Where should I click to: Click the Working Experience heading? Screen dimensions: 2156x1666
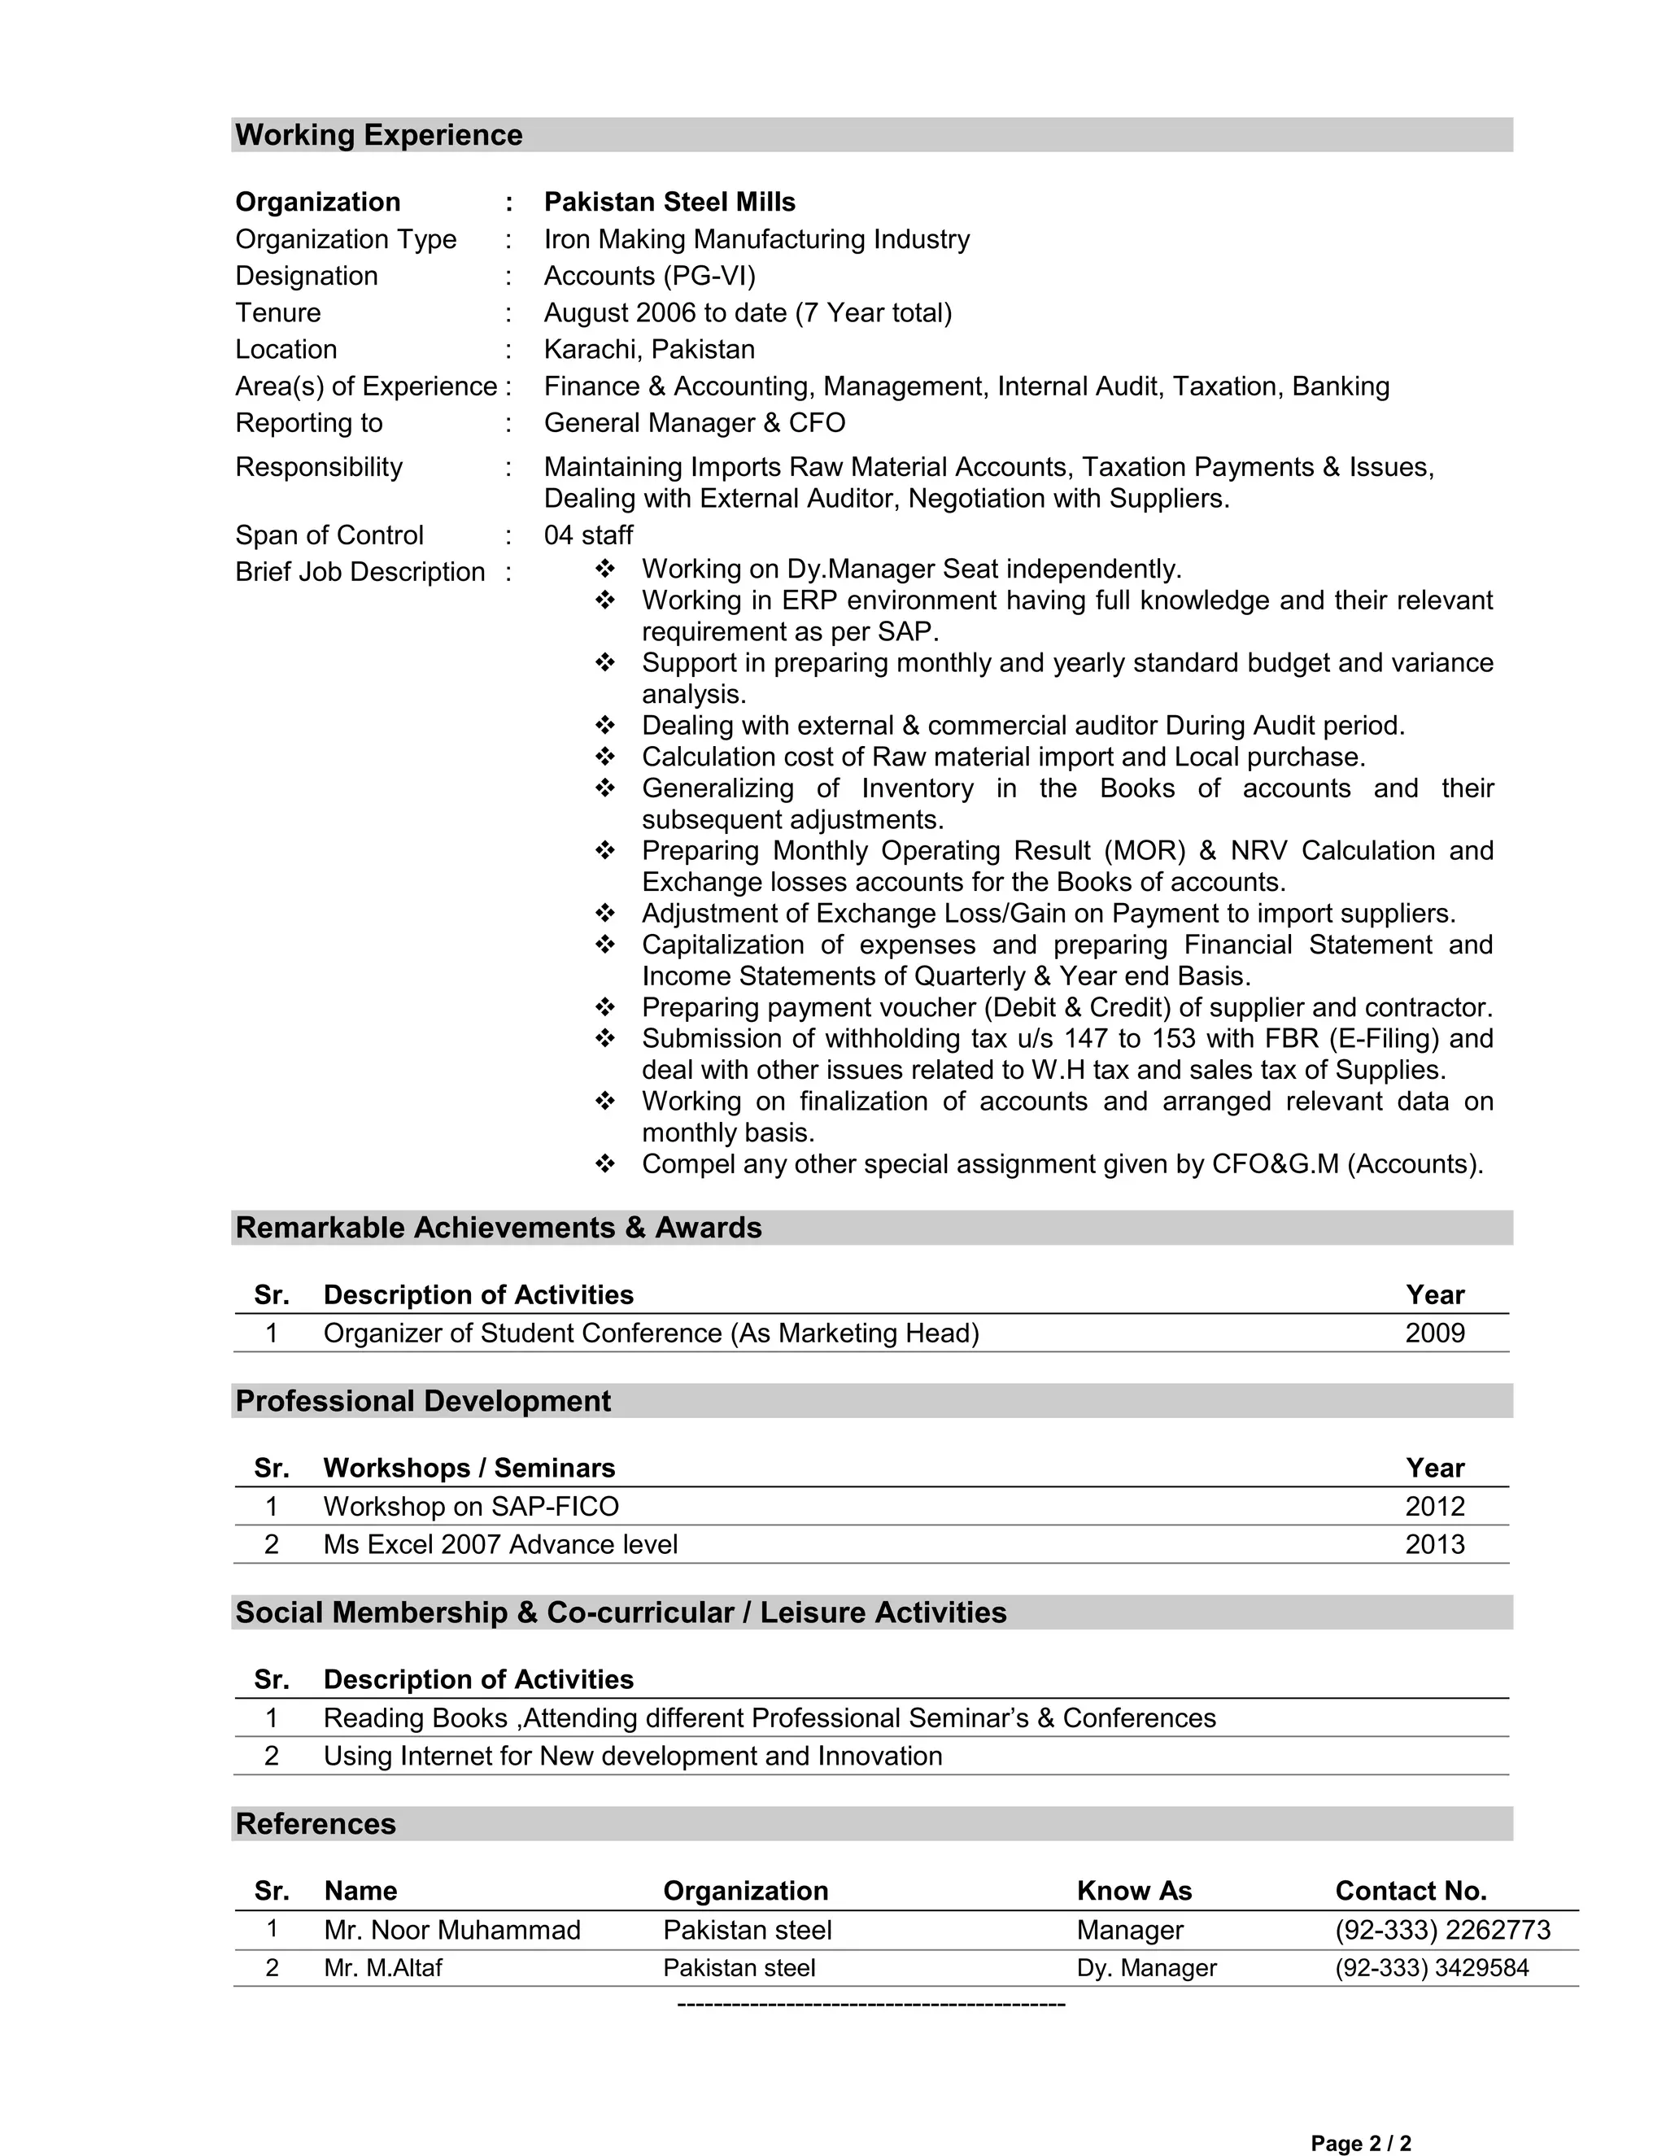[379, 135]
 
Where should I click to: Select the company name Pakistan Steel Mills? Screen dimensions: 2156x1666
[669, 203]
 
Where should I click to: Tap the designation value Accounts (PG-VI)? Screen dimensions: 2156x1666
[649, 277]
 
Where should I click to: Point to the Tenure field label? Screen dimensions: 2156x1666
[277, 313]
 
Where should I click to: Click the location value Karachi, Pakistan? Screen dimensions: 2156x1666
[649, 350]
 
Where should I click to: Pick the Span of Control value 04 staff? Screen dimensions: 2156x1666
[588, 535]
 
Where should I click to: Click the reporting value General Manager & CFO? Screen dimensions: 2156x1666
[694, 424]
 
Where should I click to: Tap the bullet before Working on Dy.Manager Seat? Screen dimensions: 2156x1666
[605, 569]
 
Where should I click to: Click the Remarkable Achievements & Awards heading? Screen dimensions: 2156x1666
[499, 1228]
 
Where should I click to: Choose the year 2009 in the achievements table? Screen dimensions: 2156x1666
[1434, 1333]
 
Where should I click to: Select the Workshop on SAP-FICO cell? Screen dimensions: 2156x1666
[471, 1508]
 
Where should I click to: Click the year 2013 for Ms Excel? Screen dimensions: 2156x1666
[1434, 1545]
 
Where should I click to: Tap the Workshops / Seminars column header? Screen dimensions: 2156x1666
[469, 1469]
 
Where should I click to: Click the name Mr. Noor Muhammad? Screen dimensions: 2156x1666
[452, 1930]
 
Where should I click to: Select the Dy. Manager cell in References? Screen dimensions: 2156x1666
[1146, 1968]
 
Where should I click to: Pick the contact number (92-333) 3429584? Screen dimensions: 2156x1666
[1431, 1968]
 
